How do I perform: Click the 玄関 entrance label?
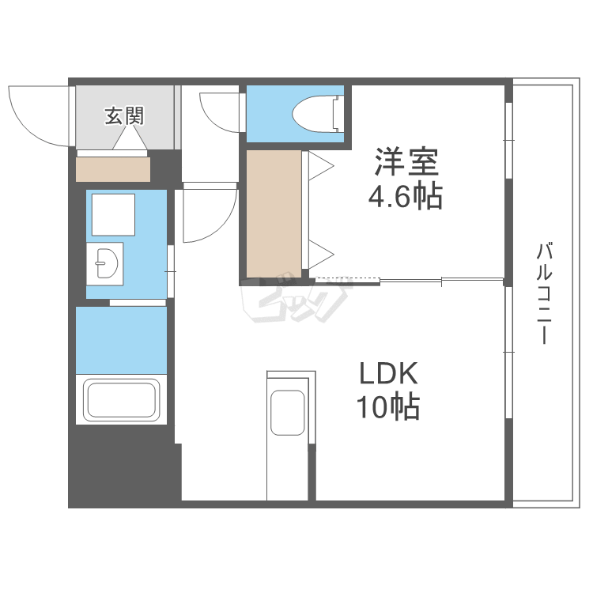[x=125, y=116]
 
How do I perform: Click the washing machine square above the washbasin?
[x=113, y=213]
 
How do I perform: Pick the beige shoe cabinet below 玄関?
[x=113, y=169]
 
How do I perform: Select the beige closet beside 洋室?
[x=273, y=213]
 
